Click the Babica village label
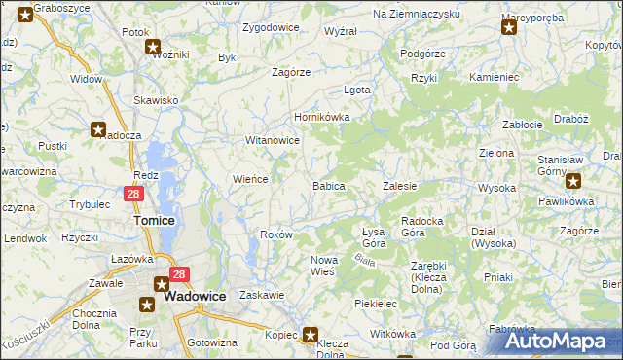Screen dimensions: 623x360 [x=328, y=185]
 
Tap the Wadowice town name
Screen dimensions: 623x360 [x=195, y=299]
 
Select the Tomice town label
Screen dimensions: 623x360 [x=153, y=221]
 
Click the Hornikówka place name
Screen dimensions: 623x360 [x=322, y=117]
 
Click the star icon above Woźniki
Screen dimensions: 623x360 [x=153, y=46]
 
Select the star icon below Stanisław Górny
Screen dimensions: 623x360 [x=573, y=179]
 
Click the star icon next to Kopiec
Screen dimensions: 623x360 [x=311, y=336]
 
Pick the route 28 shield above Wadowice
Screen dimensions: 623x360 [x=178, y=275]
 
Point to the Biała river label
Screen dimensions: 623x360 [x=365, y=259]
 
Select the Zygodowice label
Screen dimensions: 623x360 [x=271, y=27]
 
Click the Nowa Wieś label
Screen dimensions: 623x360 [x=323, y=266]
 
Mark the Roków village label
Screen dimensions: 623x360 [x=277, y=234]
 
